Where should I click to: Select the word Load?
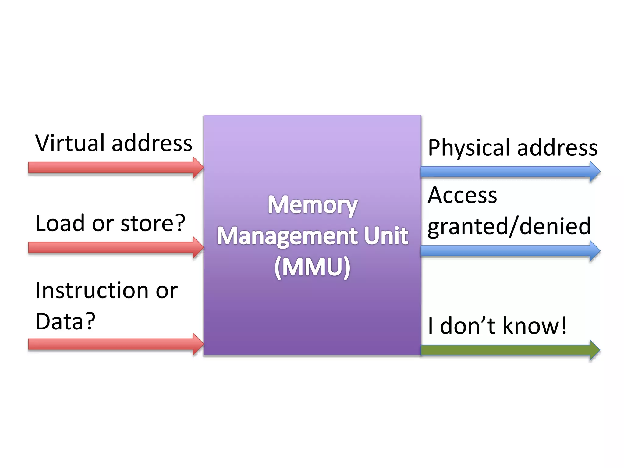click(60, 223)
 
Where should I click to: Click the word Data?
click(65, 321)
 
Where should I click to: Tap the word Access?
click(462, 195)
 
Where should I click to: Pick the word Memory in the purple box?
click(313, 205)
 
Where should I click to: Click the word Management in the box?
click(287, 236)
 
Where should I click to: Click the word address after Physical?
click(557, 147)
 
